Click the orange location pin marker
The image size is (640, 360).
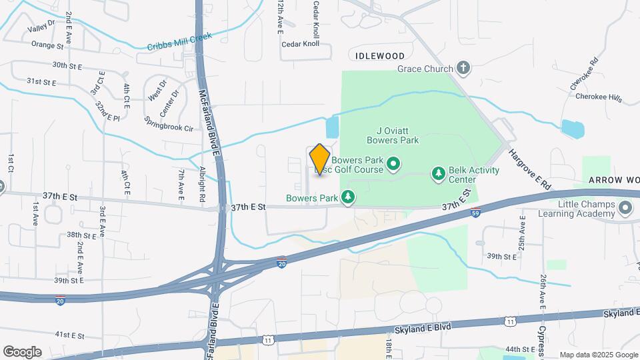click(320, 159)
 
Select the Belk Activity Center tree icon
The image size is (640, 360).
click(438, 174)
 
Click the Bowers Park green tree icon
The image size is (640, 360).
click(347, 197)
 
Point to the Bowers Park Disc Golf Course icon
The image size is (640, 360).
click(393, 163)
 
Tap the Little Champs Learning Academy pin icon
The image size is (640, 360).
click(625, 209)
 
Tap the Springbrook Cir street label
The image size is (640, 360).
click(169, 123)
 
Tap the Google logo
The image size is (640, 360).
click(22, 351)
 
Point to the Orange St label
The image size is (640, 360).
click(47, 45)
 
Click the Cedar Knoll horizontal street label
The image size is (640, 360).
click(301, 44)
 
